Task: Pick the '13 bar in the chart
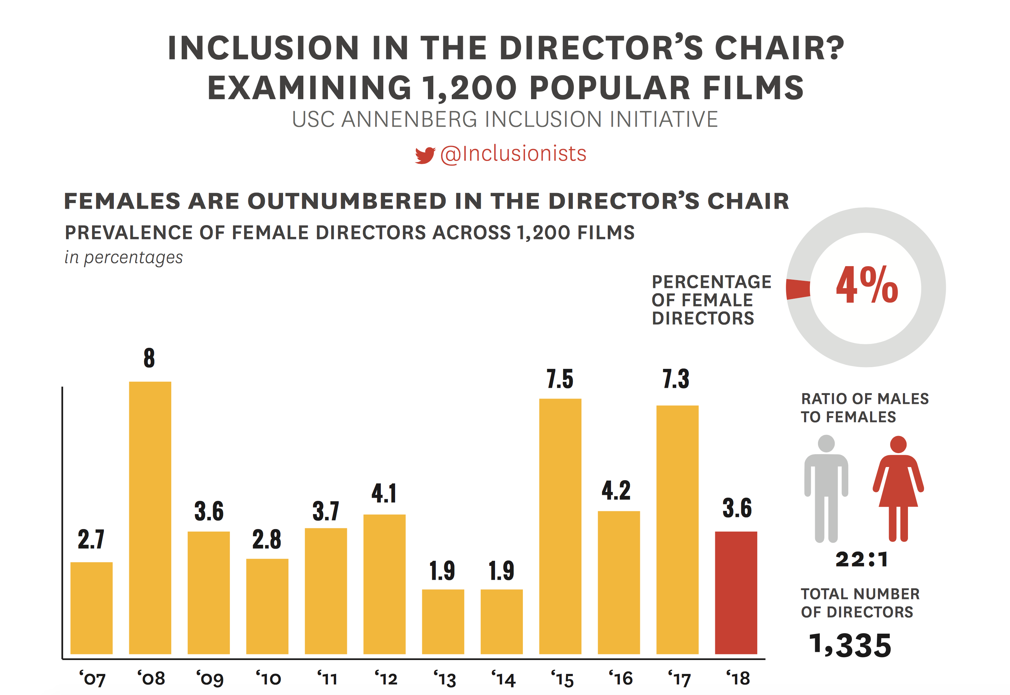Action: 443,622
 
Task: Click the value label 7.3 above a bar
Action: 676,379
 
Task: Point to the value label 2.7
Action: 91,539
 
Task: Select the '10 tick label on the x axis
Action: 268,679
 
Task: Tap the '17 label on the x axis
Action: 680,679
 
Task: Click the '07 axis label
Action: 92,679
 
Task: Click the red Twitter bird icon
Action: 425,155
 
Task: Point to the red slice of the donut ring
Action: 797,289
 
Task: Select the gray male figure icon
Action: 826,488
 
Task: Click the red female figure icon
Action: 898,488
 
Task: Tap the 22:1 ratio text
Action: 862,559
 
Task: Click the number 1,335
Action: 850,645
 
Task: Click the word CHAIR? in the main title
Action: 779,48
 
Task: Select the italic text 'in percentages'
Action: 124,257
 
